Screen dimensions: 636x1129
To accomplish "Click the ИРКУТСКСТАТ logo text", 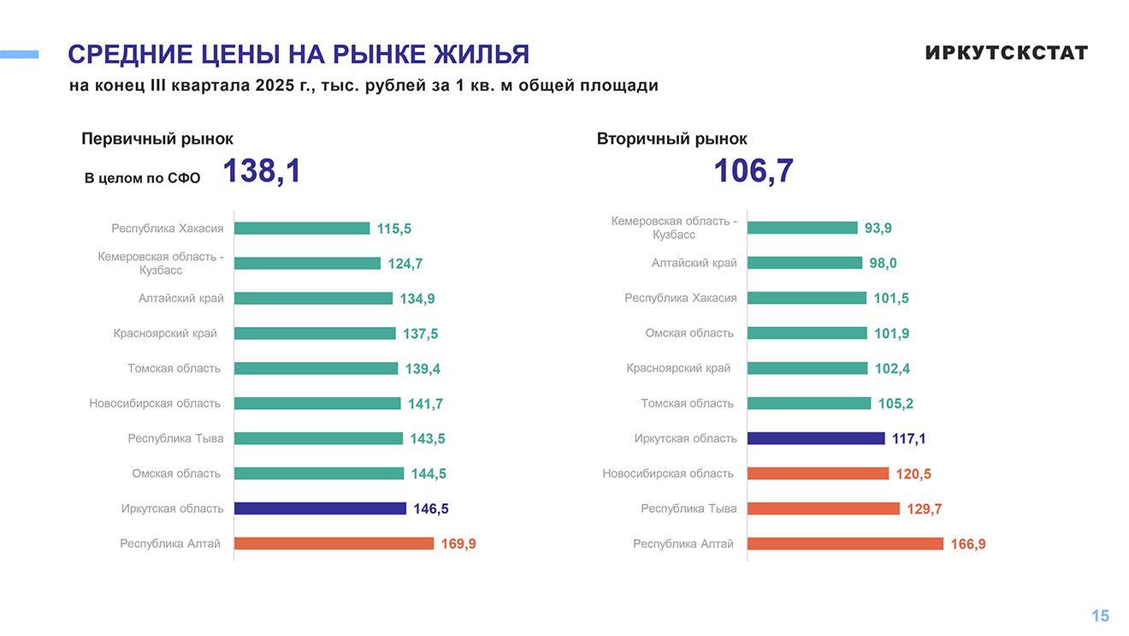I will coord(1006,53).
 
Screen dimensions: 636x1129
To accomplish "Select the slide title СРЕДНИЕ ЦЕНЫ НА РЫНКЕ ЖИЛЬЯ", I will coord(299,55).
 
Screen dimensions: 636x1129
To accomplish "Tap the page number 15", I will coord(1100,615).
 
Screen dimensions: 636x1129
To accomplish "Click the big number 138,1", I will coord(262,171).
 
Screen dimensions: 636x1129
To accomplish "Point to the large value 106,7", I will coord(753,171).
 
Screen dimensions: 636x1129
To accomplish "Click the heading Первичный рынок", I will coord(157,139).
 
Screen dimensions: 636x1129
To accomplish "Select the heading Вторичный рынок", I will coord(671,139).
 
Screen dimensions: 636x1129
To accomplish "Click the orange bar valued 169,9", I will coord(334,544).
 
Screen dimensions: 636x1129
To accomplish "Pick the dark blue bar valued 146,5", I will coord(320,508).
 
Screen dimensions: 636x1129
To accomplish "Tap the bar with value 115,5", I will coord(301,229).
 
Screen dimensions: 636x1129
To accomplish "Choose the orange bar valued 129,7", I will coord(823,508).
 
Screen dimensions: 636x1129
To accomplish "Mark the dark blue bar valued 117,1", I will coord(815,438).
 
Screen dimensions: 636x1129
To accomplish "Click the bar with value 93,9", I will coord(801,228).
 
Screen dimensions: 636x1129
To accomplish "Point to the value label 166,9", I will coord(967,544).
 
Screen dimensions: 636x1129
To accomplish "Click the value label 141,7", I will coord(425,404).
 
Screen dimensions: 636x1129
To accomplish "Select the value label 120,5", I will coord(913,474).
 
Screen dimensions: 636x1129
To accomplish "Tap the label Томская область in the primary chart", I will coord(174,369).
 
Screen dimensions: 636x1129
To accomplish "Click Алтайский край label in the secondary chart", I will coord(694,264).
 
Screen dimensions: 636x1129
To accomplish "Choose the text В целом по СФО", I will coord(142,178).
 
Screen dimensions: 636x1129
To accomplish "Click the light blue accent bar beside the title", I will coord(19,55).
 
